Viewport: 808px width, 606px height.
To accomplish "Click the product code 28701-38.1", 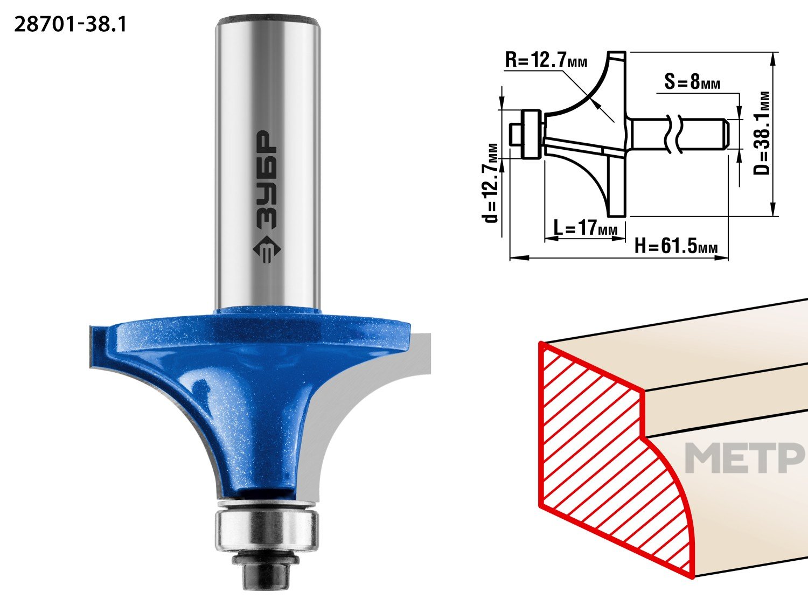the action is click(70, 25).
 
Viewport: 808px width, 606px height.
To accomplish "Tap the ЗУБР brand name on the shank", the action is click(266, 180).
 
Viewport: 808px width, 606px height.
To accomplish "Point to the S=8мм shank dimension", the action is click(692, 82).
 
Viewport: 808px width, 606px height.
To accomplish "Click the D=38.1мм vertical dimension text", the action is click(761, 133).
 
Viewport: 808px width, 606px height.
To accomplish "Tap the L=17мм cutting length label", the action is click(585, 227).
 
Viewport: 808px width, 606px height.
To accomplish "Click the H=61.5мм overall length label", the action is click(676, 246).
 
